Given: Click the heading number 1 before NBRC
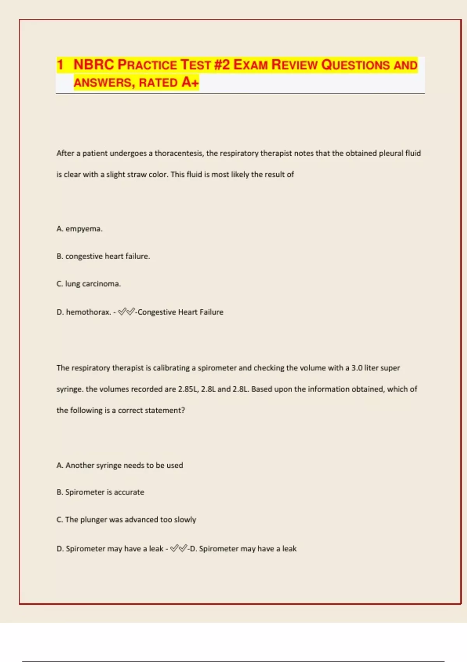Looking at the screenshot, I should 60,65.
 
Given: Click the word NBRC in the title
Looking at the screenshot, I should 93,65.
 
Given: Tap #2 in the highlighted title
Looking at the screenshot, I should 222,65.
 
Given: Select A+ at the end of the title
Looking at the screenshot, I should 190,82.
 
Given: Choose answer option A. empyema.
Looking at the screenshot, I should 79,229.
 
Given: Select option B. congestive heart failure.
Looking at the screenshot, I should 103,256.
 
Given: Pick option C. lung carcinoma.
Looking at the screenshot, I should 89,284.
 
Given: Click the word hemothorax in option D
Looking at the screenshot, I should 88,312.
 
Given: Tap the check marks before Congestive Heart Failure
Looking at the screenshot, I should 126,312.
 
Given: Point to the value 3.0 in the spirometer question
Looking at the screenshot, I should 357,368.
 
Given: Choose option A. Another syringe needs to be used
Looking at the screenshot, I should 119,465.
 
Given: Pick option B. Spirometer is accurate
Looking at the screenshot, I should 100,492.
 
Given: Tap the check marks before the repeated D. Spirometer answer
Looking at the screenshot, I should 179,548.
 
